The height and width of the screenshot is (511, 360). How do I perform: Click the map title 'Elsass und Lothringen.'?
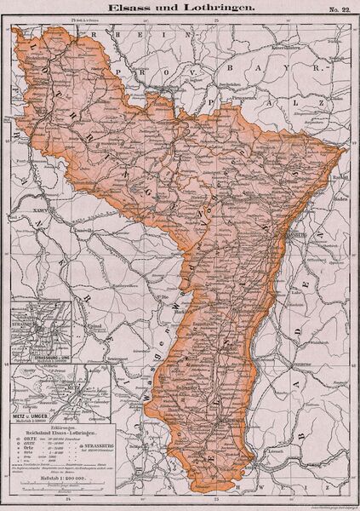(x=176, y=7)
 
